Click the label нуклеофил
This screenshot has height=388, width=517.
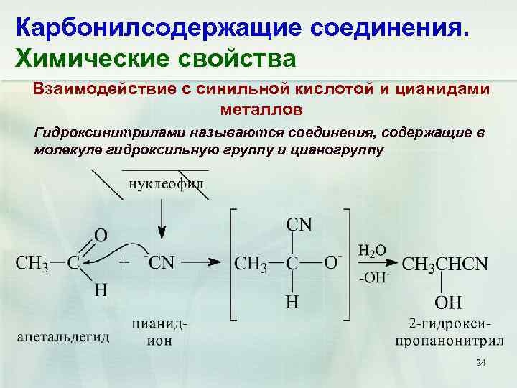pyautogui.click(x=166, y=183)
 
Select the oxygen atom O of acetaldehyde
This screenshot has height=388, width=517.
pyautogui.click(x=101, y=235)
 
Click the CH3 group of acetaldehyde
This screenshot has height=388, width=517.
pyautogui.click(x=32, y=263)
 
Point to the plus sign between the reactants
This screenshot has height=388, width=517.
pyautogui.click(x=124, y=263)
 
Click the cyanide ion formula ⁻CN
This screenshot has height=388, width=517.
pyautogui.click(x=159, y=262)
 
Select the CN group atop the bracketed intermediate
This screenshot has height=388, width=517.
pyautogui.click(x=299, y=225)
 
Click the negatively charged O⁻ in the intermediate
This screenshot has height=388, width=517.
pyautogui.click(x=333, y=262)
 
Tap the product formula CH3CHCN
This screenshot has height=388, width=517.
pyautogui.click(x=445, y=264)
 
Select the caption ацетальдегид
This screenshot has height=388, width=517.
pyautogui.click(x=63, y=337)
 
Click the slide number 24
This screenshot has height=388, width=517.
pyautogui.click(x=481, y=365)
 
